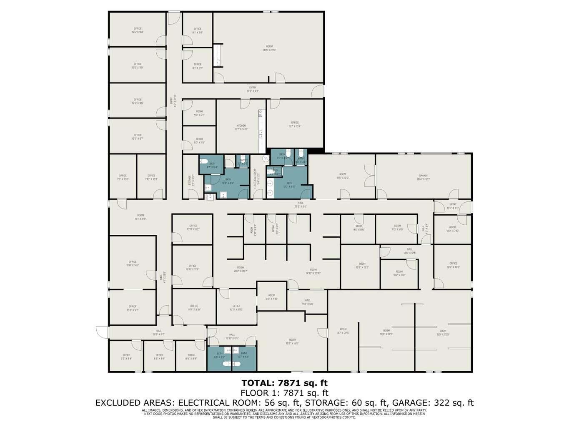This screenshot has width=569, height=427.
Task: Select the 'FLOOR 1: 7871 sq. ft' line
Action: (x=285, y=392)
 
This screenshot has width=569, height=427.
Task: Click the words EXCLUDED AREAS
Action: (x=134, y=403)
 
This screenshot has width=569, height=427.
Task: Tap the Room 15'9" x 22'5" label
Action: (x=443, y=332)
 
